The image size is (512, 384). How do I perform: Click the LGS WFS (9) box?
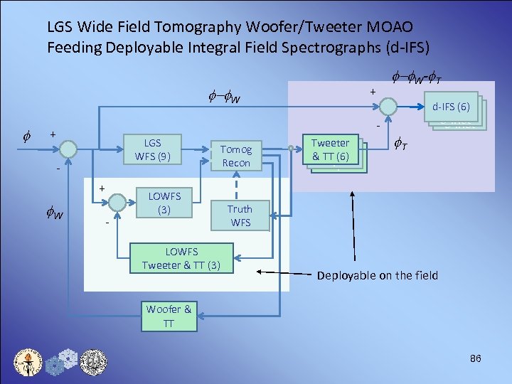(152, 149)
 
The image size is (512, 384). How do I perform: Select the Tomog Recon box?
(236, 156)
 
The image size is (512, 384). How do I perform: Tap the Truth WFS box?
(239, 215)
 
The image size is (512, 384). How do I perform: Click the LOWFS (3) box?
(164, 203)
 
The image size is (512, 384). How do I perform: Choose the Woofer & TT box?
(169, 316)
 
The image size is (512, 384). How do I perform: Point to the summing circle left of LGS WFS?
(68, 149)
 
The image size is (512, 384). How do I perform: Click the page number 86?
(476, 358)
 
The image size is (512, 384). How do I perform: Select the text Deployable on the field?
(377, 275)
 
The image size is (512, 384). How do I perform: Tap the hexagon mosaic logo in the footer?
(62, 361)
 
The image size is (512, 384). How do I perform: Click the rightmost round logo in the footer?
(93, 361)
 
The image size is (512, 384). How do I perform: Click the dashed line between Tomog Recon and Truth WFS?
(237, 185)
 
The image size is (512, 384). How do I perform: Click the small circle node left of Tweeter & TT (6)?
(291, 149)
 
